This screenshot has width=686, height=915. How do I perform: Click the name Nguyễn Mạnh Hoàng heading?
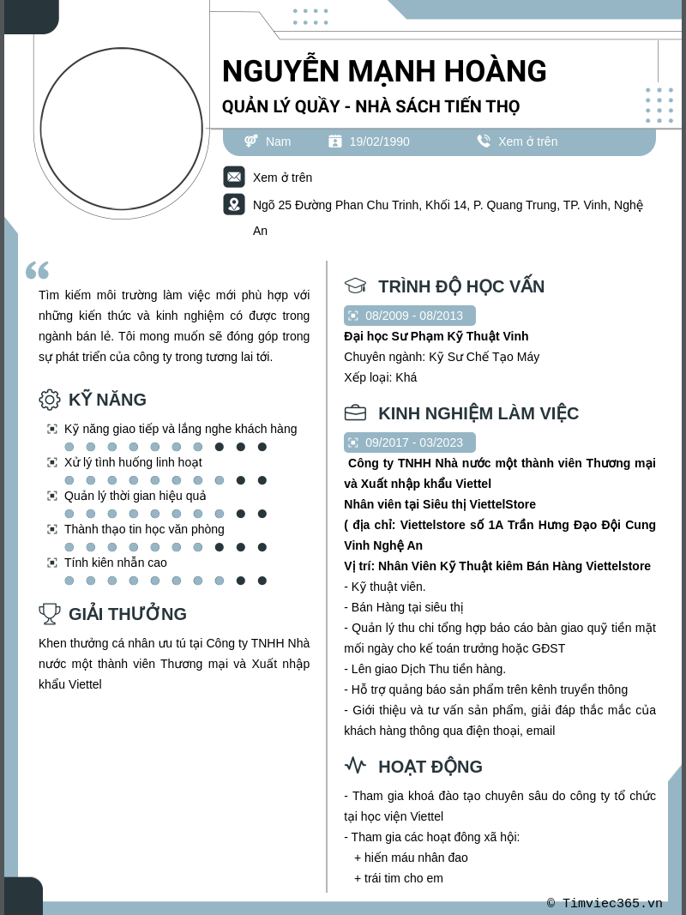tap(384, 71)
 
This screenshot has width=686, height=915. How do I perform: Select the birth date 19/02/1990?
tap(379, 141)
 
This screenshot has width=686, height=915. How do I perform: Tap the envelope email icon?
tap(234, 177)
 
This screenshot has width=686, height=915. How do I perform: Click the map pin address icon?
tap(234, 204)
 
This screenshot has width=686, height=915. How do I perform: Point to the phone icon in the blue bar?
tap(484, 141)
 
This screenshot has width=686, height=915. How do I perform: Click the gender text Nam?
tap(278, 141)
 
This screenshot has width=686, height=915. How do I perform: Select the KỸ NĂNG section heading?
tap(107, 400)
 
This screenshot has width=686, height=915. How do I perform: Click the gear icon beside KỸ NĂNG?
tap(50, 400)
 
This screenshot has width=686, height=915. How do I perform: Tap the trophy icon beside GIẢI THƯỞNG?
tap(50, 614)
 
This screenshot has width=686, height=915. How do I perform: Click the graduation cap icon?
tap(355, 286)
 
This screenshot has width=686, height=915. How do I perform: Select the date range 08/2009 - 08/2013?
tap(413, 316)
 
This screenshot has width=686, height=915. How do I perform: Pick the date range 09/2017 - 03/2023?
tap(413, 442)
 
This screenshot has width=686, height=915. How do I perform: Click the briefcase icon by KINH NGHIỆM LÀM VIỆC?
tap(355, 413)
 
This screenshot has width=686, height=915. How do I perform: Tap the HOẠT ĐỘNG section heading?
tap(430, 767)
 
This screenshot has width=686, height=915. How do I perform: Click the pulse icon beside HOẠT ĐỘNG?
tap(355, 766)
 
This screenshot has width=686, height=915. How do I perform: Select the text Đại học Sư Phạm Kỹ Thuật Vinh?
tap(436, 336)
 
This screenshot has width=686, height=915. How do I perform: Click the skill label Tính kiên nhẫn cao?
tap(116, 563)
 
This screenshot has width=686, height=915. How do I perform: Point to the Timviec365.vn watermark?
tap(605, 903)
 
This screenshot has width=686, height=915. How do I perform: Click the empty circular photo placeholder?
tap(122, 129)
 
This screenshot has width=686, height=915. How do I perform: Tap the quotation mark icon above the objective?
tap(37, 270)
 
